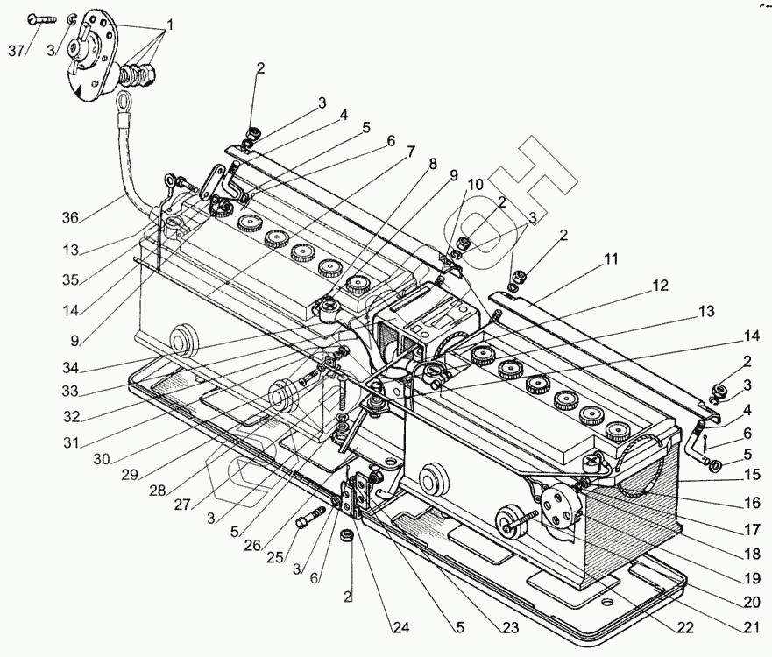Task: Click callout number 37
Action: [16, 51]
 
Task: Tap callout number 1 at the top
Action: [170, 25]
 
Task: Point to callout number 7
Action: [410, 151]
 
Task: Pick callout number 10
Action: [474, 185]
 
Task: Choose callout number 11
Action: [610, 259]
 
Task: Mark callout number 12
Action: [660, 286]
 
